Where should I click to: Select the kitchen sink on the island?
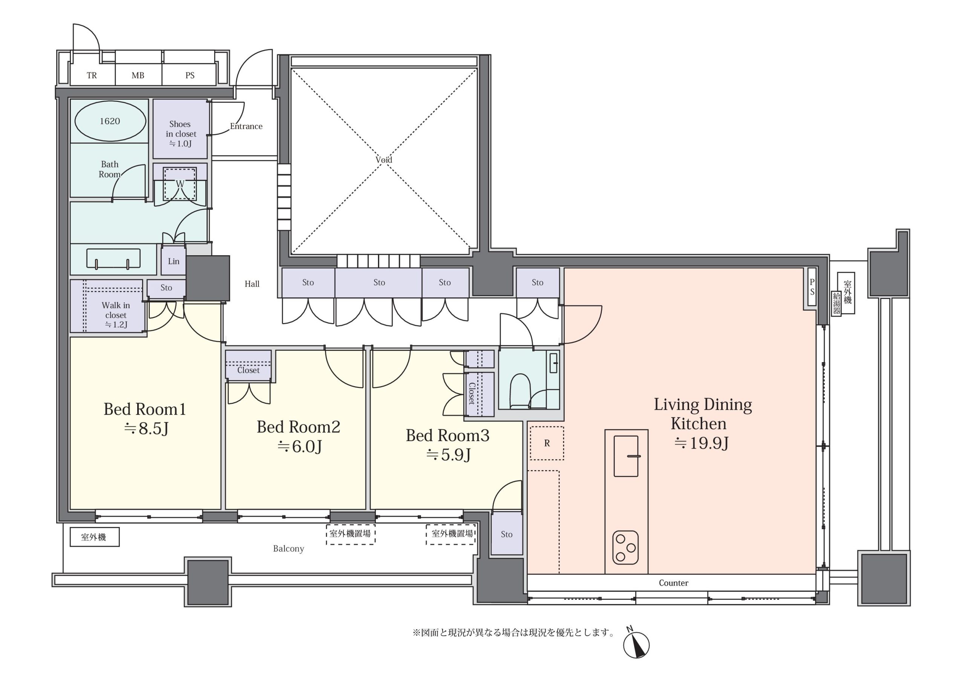(x=626, y=456)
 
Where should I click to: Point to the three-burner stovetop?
(x=625, y=547)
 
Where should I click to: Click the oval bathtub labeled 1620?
(x=110, y=121)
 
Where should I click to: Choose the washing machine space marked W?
(x=180, y=184)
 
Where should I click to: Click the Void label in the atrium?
(x=384, y=160)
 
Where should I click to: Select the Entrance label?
(x=246, y=126)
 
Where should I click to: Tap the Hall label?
(x=252, y=284)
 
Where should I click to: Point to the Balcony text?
(x=288, y=549)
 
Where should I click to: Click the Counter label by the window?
(x=673, y=583)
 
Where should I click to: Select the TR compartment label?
(x=92, y=75)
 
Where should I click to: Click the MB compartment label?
(x=138, y=75)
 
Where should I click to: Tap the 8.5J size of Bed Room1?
(x=146, y=428)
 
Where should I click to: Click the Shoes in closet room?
(x=180, y=129)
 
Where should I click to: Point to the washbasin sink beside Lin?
(x=113, y=258)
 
